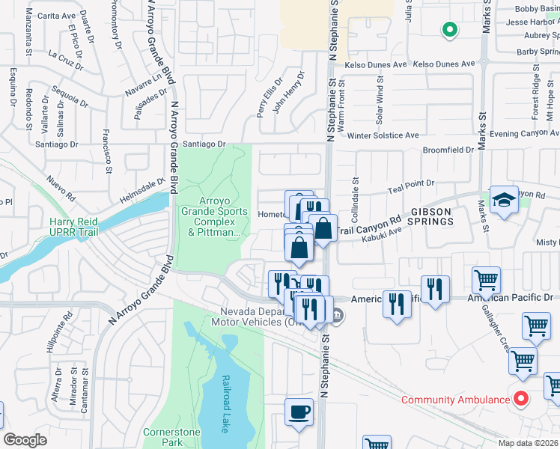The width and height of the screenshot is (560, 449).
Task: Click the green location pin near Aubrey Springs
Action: (x=449, y=30)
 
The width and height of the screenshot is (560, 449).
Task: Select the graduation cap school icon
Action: (x=504, y=200)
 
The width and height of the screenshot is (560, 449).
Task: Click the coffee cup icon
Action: (x=299, y=412)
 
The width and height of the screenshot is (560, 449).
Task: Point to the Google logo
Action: (x=25, y=440)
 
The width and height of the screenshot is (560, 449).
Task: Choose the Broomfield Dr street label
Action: (x=448, y=150)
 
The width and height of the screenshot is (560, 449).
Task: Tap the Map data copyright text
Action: (x=529, y=443)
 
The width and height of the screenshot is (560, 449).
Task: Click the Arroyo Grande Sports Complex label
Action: (x=212, y=216)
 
